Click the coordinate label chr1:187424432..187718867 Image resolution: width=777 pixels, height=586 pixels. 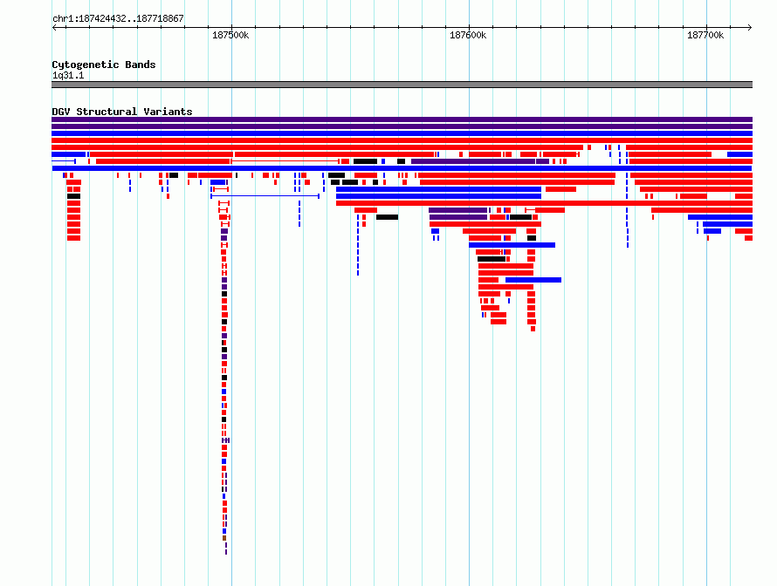pos(118,19)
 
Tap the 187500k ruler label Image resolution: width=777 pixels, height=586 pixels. pos(230,35)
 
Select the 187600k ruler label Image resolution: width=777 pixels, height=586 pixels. pos(468,35)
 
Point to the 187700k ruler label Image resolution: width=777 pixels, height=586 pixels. pos(705,35)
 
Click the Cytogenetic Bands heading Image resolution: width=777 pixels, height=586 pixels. pos(104,65)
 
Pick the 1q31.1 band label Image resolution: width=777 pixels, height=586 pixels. pos(68,75)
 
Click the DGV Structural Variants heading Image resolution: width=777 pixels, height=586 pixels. pos(122,112)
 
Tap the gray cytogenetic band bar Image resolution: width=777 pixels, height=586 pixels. pos(402,85)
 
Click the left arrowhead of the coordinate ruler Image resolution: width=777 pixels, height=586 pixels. pos(53,28)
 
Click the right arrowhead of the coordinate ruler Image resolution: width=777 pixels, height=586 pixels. pos(750,28)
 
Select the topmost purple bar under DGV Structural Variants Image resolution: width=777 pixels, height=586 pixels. pos(402,119)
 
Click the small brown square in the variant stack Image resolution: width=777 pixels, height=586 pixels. pos(224,538)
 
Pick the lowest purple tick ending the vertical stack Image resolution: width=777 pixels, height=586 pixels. pos(226,552)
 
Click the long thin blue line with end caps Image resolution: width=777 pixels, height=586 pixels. pos(265,196)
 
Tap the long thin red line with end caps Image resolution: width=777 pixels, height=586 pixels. pos(285,161)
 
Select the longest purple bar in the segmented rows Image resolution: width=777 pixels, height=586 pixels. pos(473,161)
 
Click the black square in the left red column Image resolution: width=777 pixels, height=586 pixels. pos(74,196)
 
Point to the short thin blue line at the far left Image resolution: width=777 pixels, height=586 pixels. pos(64,161)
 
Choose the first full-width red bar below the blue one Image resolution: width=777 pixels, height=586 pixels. pos(402,140)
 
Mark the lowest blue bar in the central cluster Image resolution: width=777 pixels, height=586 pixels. pos(533,280)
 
